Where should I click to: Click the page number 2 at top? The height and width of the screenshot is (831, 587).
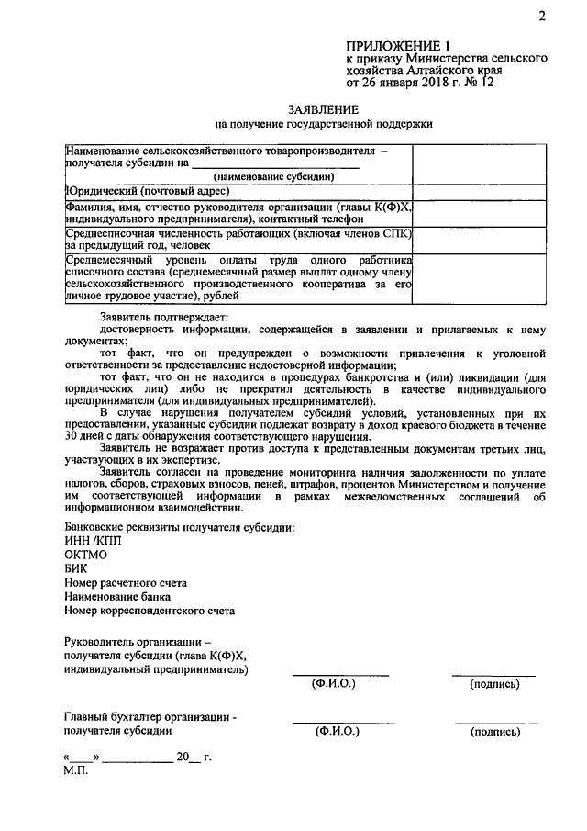pos(543,17)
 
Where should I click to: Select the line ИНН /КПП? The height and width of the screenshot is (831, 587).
pos(92,541)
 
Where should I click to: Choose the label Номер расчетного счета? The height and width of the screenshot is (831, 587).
pos(126,583)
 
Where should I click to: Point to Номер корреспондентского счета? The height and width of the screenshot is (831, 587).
pos(150,611)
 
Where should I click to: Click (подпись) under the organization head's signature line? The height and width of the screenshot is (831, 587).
pos(493,685)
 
